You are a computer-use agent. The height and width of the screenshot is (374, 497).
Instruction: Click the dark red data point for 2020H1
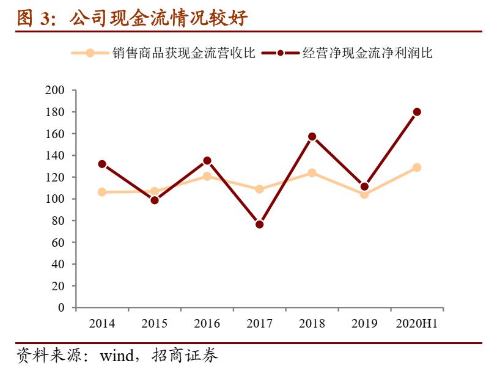417,112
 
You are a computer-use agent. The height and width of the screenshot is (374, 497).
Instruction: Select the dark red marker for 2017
259,224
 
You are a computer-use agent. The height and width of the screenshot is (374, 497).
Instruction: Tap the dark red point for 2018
312,136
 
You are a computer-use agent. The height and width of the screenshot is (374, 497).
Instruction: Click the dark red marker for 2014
102,164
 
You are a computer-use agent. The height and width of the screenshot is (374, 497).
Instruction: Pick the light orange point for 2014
102,192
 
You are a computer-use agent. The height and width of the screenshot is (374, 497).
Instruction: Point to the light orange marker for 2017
259,189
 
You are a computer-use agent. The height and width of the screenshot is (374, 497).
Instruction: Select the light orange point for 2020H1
417,167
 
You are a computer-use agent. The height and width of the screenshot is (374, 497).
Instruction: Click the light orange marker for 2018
312,173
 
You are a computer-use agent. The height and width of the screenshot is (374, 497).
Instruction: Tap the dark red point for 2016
207,161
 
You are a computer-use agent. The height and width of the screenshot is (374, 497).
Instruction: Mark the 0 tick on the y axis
61,308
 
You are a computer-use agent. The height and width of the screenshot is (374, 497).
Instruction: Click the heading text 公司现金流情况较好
158,18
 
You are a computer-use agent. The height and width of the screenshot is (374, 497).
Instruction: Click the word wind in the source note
116,355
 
